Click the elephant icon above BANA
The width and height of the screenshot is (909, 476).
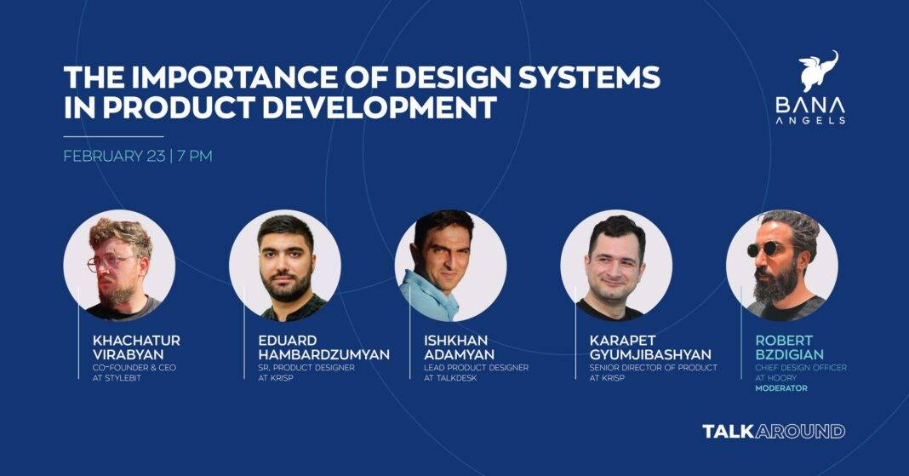(x=818, y=71)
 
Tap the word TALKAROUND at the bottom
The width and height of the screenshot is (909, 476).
(x=774, y=432)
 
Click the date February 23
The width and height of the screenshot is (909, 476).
(x=114, y=156)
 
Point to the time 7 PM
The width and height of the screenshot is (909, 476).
(x=195, y=156)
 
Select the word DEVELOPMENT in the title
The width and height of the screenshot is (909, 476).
(x=379, y=107)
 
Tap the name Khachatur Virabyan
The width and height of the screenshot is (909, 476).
(x=136, y=347)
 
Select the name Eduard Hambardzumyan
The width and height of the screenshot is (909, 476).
(x=324, y=347)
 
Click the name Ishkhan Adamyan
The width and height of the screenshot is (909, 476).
(x=459, y=347)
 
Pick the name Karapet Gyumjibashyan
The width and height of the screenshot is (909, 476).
(x=650, y=347)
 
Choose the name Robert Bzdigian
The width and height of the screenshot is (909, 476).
(x=790, y=347)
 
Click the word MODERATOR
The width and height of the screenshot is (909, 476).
(x=780, y=388)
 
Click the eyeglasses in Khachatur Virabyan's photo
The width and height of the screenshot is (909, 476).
(x=110, y=262)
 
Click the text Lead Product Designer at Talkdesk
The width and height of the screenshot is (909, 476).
(x=476, y=373)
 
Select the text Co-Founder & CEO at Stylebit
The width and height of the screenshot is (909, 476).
(x=134, y=373)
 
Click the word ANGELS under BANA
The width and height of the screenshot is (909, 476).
(x=810, y=120)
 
